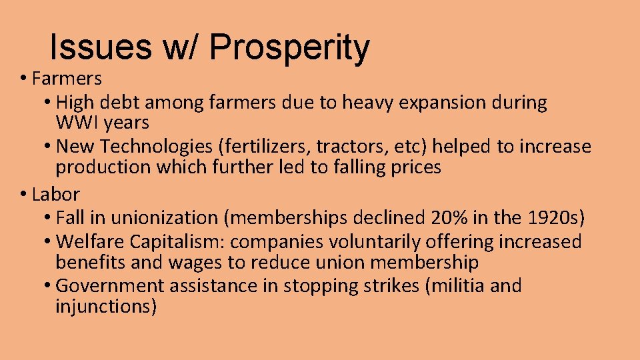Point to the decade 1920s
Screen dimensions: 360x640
(x=555, y=218)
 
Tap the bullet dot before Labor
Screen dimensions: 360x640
(x=23, y=195)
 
